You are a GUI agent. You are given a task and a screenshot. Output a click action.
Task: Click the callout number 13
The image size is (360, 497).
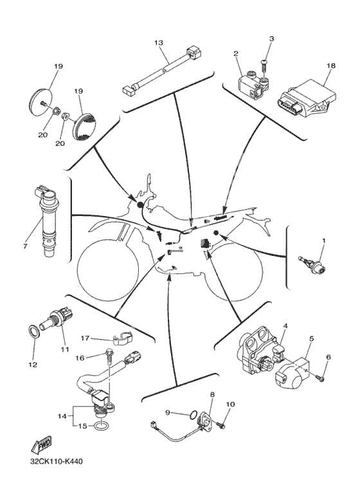pos(158,42)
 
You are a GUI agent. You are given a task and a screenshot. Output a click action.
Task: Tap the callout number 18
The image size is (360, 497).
pos(331,66)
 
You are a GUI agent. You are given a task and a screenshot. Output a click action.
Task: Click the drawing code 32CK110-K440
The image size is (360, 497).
pos(57,461)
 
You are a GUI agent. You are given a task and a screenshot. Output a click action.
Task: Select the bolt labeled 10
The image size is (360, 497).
pos(221,424)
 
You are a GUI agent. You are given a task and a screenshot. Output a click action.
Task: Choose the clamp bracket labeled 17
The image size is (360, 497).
pos(123,338)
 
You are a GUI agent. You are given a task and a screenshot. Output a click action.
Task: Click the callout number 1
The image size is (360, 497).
pos(324,240)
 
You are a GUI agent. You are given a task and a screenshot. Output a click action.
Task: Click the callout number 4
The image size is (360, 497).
pos(285,325)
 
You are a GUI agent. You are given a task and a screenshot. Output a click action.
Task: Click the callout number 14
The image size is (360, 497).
pos(63,416)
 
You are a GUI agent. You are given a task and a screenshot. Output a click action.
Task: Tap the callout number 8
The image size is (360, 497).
pos(212,395)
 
